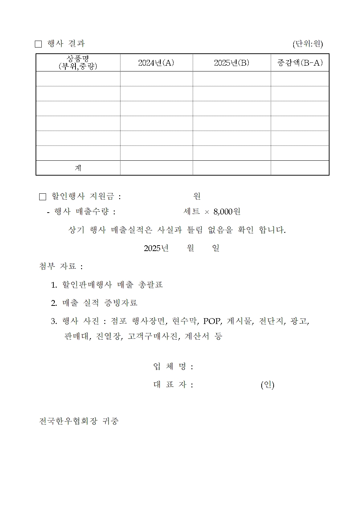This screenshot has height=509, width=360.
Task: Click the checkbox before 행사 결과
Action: [38, 44]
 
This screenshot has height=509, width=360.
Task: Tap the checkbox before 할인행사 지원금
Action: [42, 197]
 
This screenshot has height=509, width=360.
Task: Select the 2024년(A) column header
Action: [156, 63]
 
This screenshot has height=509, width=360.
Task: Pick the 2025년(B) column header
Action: [232, 63]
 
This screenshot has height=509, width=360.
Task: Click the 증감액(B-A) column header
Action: [300, 63]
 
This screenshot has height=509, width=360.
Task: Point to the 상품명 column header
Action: [78, 62]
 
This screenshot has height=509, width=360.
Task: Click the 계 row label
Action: [78, 168]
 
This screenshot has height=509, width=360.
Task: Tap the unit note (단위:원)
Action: [307, 44]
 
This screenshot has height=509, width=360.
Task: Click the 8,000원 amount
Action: [227, 212]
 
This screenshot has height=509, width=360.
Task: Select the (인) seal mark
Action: [267, 385]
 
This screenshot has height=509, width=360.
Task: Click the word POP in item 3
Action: [212, 321]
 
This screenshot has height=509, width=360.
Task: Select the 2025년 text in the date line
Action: [156, 248]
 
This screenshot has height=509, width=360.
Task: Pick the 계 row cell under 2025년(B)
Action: [232, 168]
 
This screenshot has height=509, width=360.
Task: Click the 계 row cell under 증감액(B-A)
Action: [300, 168]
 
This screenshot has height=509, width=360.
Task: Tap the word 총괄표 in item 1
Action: [151, 285]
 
